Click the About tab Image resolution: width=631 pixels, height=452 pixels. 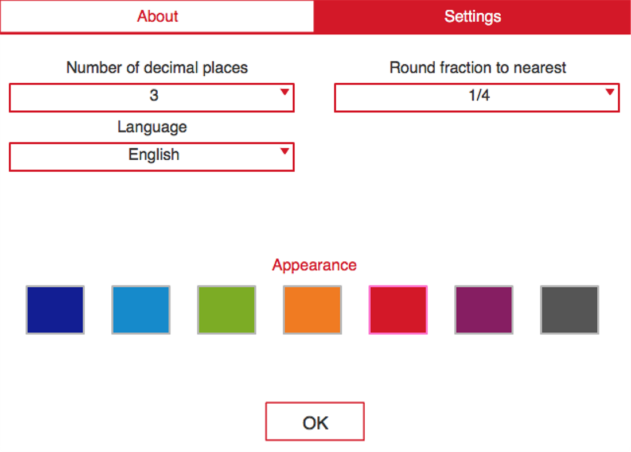(x=157, y=16)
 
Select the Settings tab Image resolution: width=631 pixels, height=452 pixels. (x=473, y=16)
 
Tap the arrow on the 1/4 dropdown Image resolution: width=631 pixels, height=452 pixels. (x=610, y=92)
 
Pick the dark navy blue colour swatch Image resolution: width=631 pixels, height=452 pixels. (x=55, y=310)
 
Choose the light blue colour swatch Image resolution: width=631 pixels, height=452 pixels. (x=141, y=310)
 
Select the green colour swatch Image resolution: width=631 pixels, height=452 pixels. (x=227, y=310)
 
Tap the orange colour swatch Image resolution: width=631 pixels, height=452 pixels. (x=312, y=310)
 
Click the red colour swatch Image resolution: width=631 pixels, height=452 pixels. (x=398, y=310)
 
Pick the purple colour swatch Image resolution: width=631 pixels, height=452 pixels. (x=484, y=310)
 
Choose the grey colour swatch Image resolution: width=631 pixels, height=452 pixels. (x=570, y=310)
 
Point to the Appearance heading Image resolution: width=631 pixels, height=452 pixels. (x=314, y=265)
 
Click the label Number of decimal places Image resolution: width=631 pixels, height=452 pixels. (x=157, y=68)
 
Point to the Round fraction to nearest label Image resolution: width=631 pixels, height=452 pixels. (x=478, y=68)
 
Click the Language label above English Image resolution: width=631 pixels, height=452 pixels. (x=152, y=126)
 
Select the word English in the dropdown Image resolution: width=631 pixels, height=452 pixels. (x=154, y=155)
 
